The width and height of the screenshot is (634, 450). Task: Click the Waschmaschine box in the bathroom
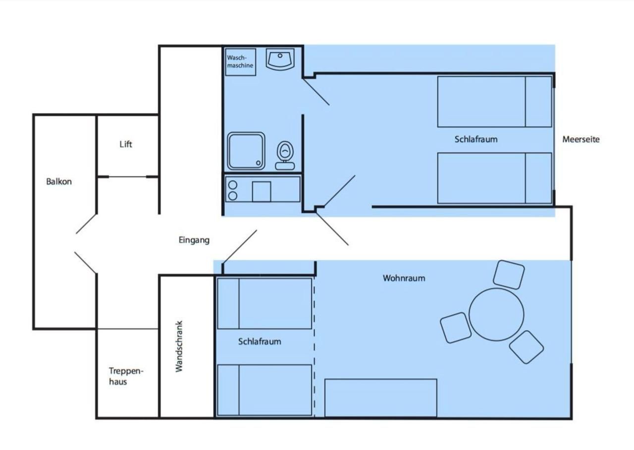(x=241, y=62)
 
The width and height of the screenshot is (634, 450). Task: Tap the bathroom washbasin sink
(x=280, y=59)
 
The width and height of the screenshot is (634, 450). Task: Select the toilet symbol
(x=285, y=156)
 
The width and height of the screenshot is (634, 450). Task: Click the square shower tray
(x=246, y=151)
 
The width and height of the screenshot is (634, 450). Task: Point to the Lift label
(x=126, y=144)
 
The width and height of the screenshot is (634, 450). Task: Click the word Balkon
(x=59, y=181)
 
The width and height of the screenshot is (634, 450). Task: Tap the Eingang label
(x=194, y=240)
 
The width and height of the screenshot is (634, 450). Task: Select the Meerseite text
(x=581, y=139)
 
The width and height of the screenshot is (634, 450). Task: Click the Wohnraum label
(x=404, y=278)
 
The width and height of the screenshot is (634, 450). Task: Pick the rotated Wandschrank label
(x=179, y=346)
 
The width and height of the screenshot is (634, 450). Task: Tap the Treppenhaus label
(x=126, y=376)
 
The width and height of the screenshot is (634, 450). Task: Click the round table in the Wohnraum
(x=496, y=314)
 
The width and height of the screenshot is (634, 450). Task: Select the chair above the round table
(x=509, y=275)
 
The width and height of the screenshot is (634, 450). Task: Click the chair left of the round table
(x=456, y=328)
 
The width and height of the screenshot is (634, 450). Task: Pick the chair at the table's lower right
(x=526, y=347)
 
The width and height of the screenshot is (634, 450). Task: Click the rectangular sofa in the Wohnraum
(x=381, y=398)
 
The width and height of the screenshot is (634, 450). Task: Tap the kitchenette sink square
(x=262, y=192)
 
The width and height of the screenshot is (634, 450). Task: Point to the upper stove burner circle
(x=233, y=185)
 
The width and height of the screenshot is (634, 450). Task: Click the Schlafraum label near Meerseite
(x=476, y=139)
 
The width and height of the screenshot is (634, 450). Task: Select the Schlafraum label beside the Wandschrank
(x=260, y=341)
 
